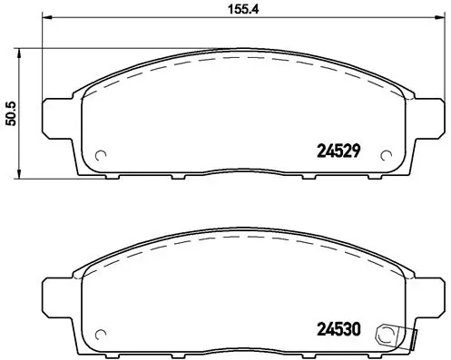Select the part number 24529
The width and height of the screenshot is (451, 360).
click(x=339, y=151)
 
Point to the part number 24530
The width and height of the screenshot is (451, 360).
click(x=339, y=331)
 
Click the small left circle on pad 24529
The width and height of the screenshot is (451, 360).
click(x=101, y=151)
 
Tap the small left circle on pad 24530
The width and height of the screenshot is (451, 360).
click(x=101, y=332)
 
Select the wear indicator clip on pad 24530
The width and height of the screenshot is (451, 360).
click(x=393, y=334)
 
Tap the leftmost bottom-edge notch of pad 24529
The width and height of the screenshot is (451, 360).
click(x=119, y=175)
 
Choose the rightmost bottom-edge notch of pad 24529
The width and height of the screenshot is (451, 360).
click(x=356, y=175)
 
